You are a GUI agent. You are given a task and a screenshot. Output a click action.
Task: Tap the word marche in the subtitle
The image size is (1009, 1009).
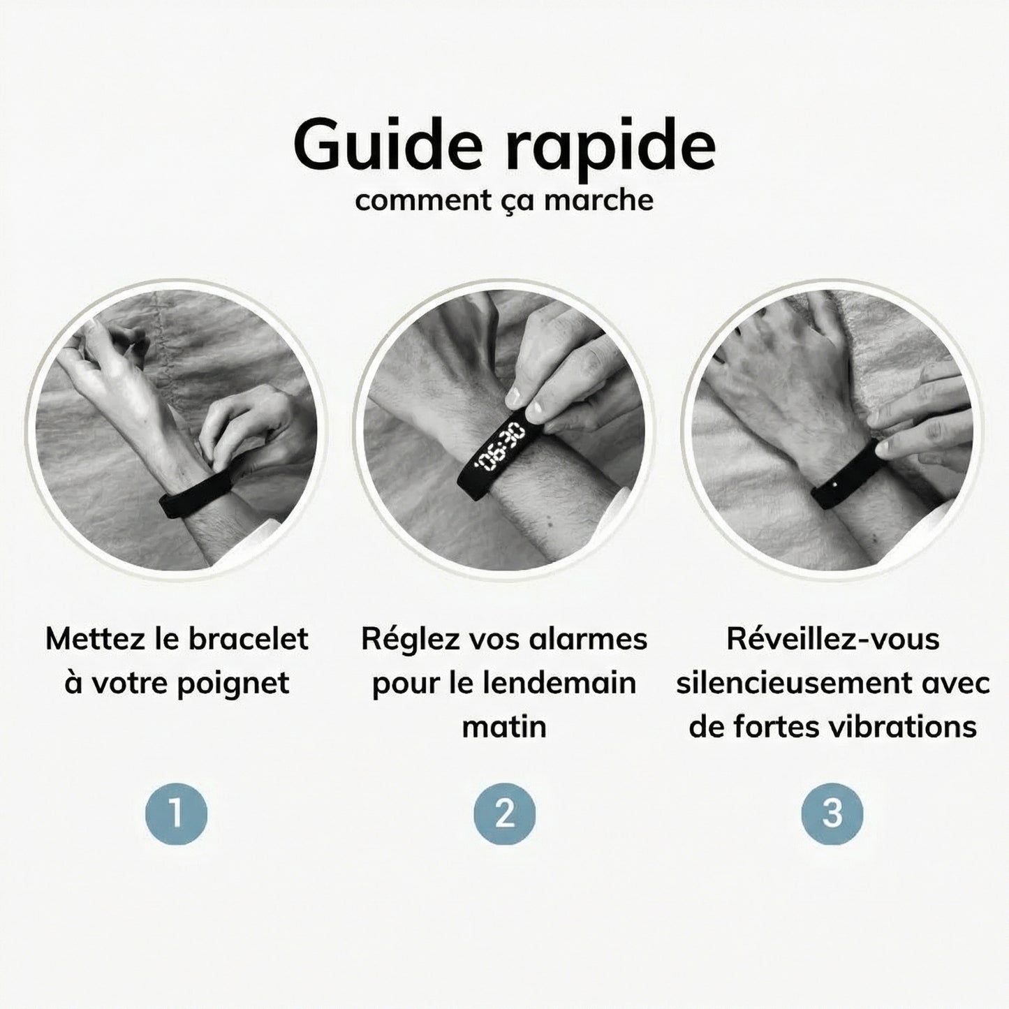click(x=598, y=200)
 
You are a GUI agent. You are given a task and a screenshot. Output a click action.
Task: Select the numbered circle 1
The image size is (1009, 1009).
click(x=176, y=814)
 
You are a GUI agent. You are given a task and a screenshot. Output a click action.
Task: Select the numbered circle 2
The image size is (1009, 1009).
click(x=504, y=814)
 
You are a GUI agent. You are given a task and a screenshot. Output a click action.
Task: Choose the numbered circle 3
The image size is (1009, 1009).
click(x=832, y=814)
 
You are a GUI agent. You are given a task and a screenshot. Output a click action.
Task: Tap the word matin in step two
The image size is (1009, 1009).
click(x=504, y=727)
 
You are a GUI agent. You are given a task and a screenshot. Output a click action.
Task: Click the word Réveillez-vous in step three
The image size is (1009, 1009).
click(x=832, y=639)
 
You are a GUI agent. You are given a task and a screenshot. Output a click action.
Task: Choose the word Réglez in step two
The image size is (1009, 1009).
click(x=404, y=639)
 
